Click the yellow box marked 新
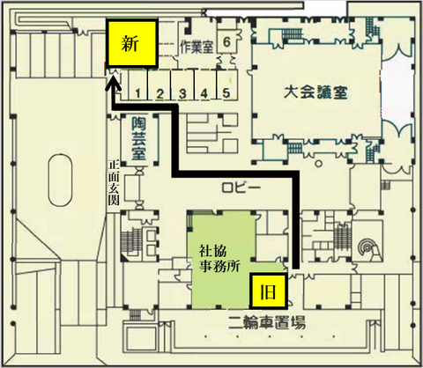click(x=132, y=43)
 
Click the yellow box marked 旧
click(x=268, y=291)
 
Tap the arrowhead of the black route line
click(x=114, y=84)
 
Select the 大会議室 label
click(x=315, y=92)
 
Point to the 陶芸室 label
click(x=138, y=138)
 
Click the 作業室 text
click(x=197, y=47)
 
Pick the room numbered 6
click(x=226, y=42)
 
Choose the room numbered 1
click(x=137, y=85)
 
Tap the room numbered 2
click(x=160, y=85)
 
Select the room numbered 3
click(x=182, y=85)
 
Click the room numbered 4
click(x=205, y=85)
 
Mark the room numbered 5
click(x=226, y=85)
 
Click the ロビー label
click(x=241, y=188)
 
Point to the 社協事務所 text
click(x=219, y=259)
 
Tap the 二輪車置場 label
click(x=267, y=322)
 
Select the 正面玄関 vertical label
click(x=114, y=182)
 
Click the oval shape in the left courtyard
click(x=60, y=180)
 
